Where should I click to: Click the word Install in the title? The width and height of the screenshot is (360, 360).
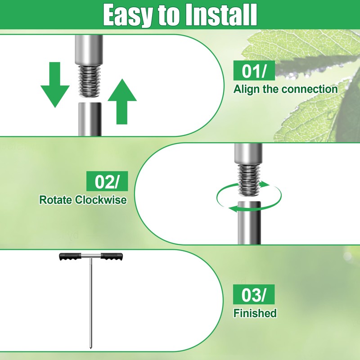(x=221, y=14)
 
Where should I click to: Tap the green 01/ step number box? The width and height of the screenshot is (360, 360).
(x=254, y=71)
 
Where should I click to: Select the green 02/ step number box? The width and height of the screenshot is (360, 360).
(x=107, y=181)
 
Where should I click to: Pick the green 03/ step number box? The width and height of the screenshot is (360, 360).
(x=254, y=294)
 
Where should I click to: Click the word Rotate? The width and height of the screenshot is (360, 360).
(x=55, y=200)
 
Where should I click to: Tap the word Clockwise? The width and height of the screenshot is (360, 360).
(x=101, y=200)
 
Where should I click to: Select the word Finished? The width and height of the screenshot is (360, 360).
(x=255, y=313)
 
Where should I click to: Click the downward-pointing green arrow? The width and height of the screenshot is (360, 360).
(x=55, y=85)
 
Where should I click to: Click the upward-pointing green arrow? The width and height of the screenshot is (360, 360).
(x=122, y=102)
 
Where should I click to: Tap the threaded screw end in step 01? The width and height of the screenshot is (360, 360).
(x=89, y=81)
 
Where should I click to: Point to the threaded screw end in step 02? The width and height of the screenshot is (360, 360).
(x=249, y=180)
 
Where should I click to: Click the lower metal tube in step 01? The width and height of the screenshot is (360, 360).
(x=90, y=119)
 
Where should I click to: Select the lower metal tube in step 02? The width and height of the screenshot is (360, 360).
(x=249, y=223)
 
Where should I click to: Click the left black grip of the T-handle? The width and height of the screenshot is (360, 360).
(x=70, y=256)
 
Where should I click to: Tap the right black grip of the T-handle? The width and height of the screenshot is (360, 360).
(x=112, y=256)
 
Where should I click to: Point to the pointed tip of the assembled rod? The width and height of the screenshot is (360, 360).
(x=90, y=349)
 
